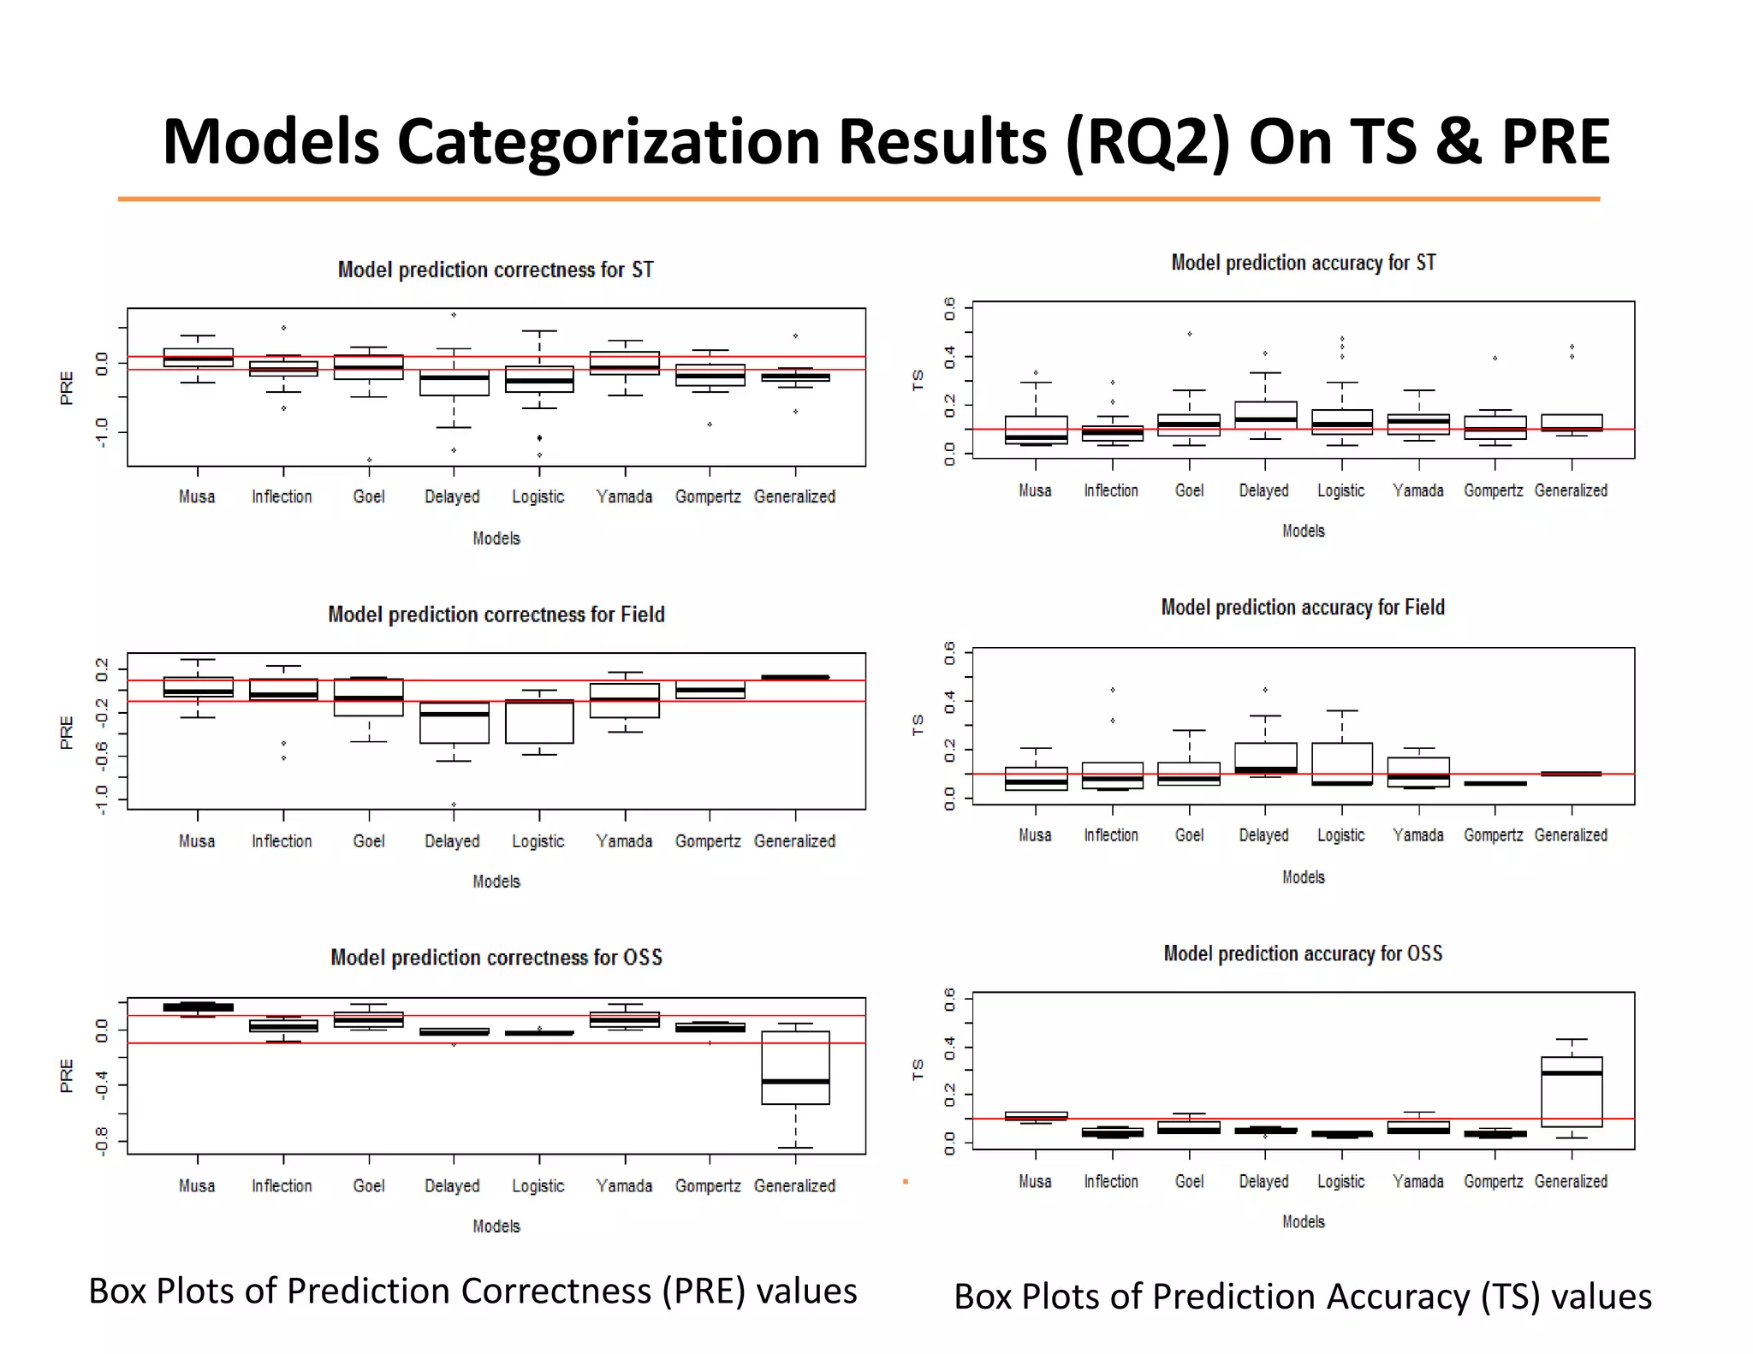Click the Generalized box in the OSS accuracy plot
click(x=1572, y=1091)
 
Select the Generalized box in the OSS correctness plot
click(x=795, y=1067)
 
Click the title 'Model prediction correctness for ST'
click(x=496, y=270)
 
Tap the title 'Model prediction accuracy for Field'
click(x=1302, y=608)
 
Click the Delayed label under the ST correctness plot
click(x=452, y=496)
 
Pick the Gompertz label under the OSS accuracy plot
click(x=1493, y=1181)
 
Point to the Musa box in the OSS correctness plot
click(x=198, y=1007)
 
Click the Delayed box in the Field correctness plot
click(x=454, y=723)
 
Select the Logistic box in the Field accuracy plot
click(x=1341, y=763)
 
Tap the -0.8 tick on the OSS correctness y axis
click(x=102, y=1141)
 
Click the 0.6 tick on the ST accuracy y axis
click(x=949, y=308)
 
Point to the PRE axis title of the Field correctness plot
click(x=67, y=733)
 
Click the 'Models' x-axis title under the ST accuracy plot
click(x=1303, y=531)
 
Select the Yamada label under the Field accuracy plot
click(x=1417, y=834)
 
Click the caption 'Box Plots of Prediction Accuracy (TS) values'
click(x=1302, y=1296)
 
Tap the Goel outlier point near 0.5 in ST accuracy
click(x=1189, y=334)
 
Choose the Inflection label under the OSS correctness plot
click(x=282, y=1185)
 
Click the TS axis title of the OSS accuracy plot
click(x=918, y=1069)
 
